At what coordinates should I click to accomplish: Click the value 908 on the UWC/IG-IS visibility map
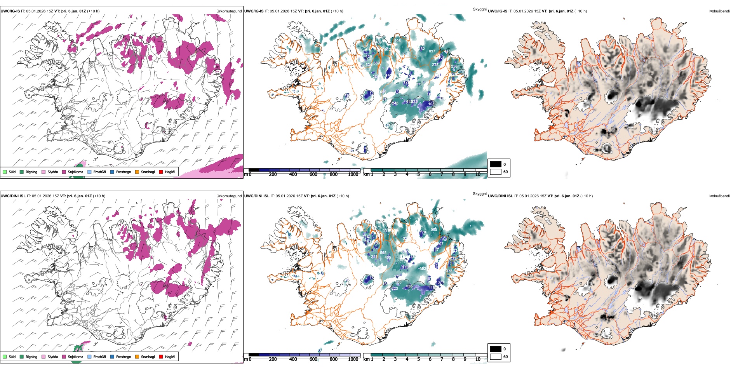[397, 41]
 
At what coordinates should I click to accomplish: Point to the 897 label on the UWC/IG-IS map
[432, 51]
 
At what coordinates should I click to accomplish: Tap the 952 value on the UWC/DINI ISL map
[423, 268]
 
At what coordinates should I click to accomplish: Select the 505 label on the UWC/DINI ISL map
[383, 253]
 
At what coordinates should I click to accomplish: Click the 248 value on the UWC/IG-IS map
[395, 103]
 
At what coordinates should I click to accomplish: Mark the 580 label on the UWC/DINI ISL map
[398, 282]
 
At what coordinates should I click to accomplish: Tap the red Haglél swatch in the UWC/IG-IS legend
[161, 172]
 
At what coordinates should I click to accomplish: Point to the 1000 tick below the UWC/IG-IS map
[353, 174]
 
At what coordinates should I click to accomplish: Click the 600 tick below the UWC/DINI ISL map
[313, 359]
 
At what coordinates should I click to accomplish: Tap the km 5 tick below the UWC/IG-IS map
[418, 174]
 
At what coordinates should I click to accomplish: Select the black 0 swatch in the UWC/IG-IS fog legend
[496, 164]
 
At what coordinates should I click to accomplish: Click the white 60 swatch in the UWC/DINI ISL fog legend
[496, 357]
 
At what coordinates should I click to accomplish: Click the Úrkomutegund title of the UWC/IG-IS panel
[229, 11]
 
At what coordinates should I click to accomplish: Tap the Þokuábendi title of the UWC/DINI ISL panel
[719, 196]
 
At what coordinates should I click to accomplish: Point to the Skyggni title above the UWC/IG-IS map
[479, 9]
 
